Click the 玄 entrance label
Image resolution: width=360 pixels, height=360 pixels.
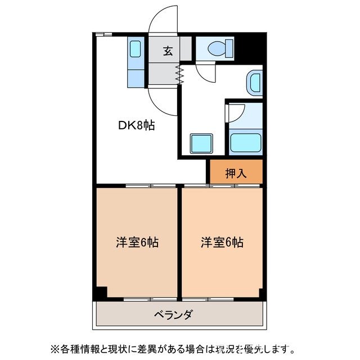(x=168, y=51)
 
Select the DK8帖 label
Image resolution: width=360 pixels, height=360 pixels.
(x=136, y=125)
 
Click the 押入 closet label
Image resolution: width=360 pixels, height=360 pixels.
(x=236, y=173)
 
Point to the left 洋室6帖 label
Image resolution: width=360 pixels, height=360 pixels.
(x=137, y=242)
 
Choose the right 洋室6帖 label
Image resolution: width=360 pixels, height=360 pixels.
(x=222, y=242)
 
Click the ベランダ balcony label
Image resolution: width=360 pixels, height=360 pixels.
(x=173, y=314)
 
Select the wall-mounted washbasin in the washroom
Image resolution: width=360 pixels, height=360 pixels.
(x=254, y=83)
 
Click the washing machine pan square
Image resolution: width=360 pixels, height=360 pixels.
(x=201, y=144)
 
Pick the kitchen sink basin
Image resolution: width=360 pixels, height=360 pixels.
(x=136, y=48)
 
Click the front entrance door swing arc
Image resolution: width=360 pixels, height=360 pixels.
(x=162, y=20)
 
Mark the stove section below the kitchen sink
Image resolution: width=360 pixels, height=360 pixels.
(x=135, y=74)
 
